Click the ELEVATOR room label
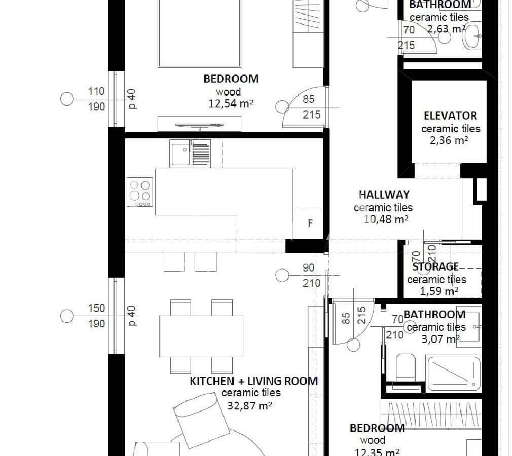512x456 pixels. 450,116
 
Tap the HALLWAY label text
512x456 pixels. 384,195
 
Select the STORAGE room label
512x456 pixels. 435,267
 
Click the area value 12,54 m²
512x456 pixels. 231,103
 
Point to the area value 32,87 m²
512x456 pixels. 250,405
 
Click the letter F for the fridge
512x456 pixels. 310,223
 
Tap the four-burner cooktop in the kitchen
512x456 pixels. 140,192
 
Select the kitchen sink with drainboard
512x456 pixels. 196,154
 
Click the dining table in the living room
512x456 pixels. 201,336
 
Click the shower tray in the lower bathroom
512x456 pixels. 454,374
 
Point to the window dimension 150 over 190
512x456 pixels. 96,316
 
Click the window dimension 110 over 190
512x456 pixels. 96,99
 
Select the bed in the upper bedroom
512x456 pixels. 199,33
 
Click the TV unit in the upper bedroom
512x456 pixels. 200,124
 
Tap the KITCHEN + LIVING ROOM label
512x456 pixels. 253,381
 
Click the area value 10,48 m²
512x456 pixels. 386,219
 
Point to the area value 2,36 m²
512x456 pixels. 449,140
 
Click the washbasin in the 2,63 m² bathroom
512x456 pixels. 472,36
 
